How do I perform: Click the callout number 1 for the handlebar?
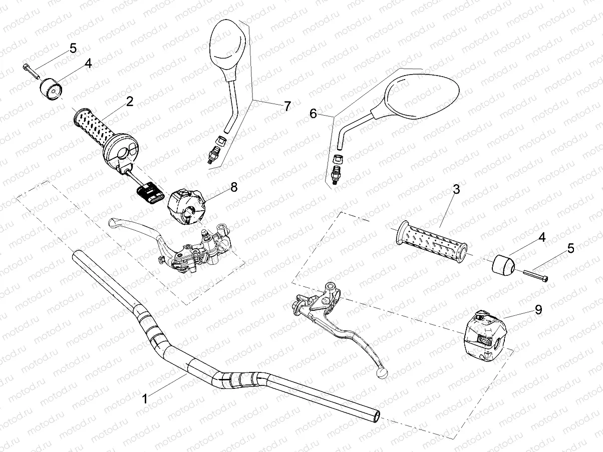point(145,399)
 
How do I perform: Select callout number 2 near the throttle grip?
point(130,102)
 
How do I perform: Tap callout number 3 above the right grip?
point(456,189)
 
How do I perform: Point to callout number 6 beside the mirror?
point(313,114)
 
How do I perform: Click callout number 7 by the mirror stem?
point(287,106)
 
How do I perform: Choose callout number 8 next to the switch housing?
point(234,187)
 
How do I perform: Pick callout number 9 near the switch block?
point(538,310)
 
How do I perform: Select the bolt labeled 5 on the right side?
point(536,275)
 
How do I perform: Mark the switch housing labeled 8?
point(186,206)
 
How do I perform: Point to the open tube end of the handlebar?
point(376,415)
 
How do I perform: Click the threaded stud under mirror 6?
point(336,175)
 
